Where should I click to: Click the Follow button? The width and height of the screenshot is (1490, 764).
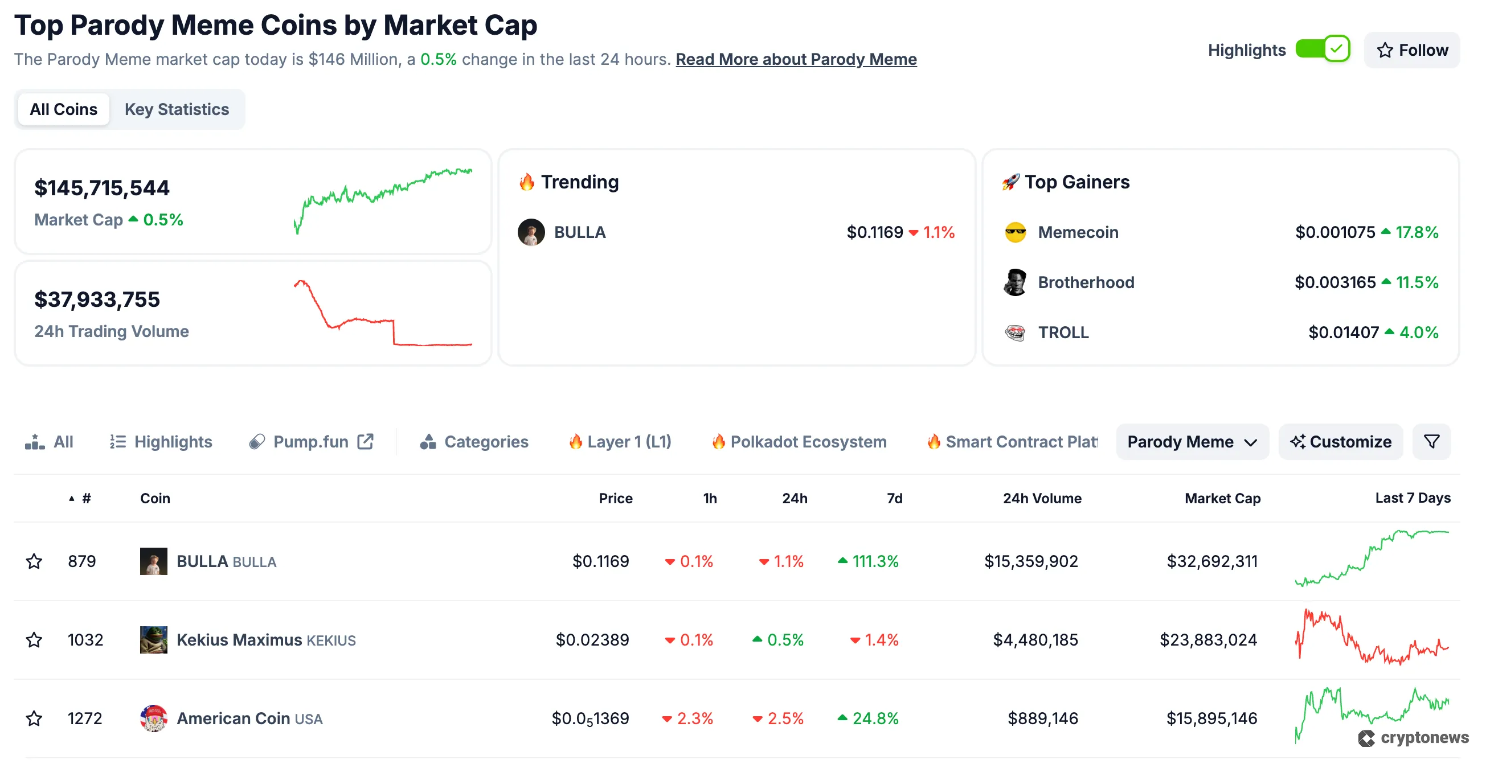pyautogui.click(x=1412, y=50)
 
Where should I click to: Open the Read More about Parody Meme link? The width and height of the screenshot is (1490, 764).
pyautogui.click(x=796, y=59)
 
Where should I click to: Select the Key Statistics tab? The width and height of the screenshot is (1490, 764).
pyautogui.click(x=177, y=109)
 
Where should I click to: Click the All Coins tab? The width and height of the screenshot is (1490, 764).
pyautogui.click(x=64, y=109)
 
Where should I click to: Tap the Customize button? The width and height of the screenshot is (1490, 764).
pyautogui.click(x=1341, y=442)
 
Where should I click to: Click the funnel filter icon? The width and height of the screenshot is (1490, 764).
pyautogui.click(x=1431, y=442)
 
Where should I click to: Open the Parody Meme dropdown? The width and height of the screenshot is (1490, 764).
pyautogui.click(x=1192, y=442)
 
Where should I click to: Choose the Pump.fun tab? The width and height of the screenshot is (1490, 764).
pyautogui.click(x=311, y=442)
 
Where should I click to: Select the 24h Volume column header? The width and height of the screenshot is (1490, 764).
pyautogui.click(x=1042, y=499)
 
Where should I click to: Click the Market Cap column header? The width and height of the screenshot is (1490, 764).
pyautogui.click(x=1222, y=499)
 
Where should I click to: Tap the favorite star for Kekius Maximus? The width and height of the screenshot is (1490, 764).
pyautogui.click(x=34, y=640)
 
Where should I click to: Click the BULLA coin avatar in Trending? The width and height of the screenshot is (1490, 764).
pyautogui.click(x=531, y=232)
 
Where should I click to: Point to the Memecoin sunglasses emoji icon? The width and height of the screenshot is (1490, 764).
pyautogui.click(x=1015, y=232)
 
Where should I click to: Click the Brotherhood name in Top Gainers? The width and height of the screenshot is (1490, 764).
pyautogui.click(x=1086, y=282)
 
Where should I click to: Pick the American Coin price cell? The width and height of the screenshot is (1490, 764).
pyautogui.click(x=590, y=718)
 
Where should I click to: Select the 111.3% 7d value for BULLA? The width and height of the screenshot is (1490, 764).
pyautogui.click(x=875, y=561)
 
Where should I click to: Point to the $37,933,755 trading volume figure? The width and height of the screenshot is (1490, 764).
pyautogui.click(x=97, y=299)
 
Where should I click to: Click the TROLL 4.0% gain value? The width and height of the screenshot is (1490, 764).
pyautogui.click(x=1418, y=332)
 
